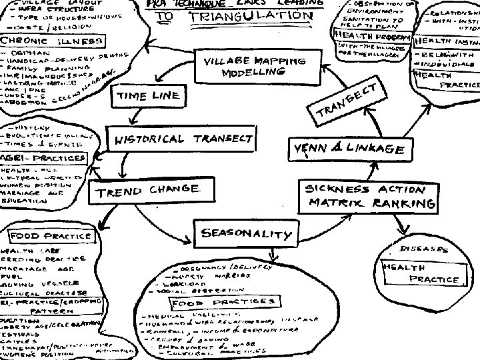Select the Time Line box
147,95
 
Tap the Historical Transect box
181,139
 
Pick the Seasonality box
246,233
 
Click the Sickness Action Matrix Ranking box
368,196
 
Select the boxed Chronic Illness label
52,42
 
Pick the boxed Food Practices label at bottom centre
223,303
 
